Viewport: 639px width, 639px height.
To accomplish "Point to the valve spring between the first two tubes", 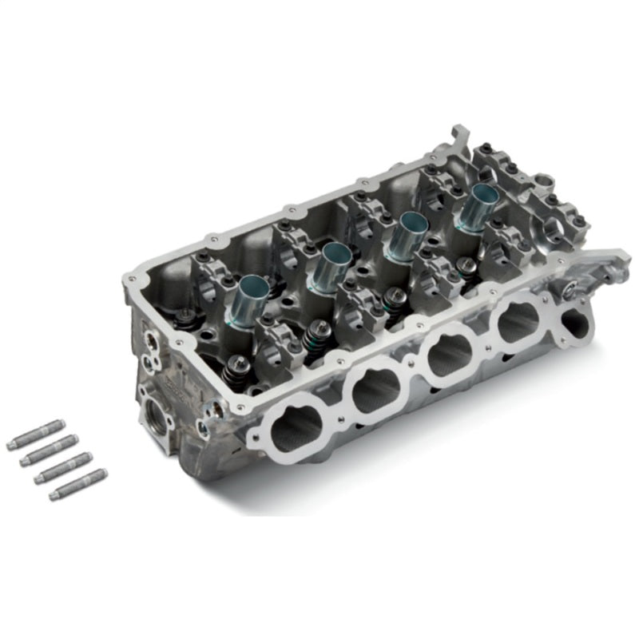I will (317, 335).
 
